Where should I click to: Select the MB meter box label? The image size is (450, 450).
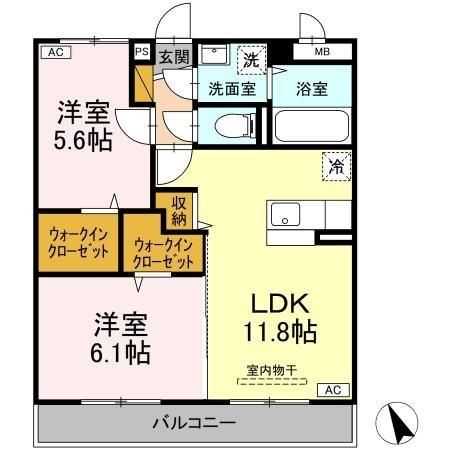(x=322, y=51)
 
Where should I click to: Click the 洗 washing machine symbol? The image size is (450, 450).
(x=250, y=59)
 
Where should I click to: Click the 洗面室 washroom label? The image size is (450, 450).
(x=231, y=89)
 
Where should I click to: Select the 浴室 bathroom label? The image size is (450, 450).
(x=311, y=89)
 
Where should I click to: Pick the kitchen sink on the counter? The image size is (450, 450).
(x=285, y=214)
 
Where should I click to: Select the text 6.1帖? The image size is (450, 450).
(x=123, y=352)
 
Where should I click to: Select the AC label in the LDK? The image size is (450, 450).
(x=333, y=390)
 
